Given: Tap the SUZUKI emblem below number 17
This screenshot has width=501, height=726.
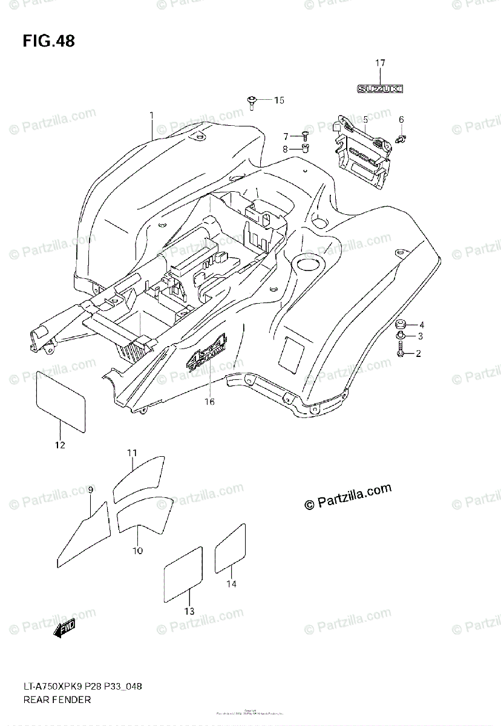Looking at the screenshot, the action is pyautogui.click(x=379, y=89).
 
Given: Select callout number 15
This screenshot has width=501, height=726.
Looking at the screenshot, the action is pyautogui.click(x=278, y=100).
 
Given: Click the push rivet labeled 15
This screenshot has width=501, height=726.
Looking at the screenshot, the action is pyautogui.click(x=251, y=101).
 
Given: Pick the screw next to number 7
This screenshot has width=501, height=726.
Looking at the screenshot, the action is pyautogui.click(x=305, y=136).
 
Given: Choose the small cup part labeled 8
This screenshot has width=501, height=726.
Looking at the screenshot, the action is pyautogui.click(x=306, y=148).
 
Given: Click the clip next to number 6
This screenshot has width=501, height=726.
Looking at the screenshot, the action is pyautogui.click(x=400, y=139).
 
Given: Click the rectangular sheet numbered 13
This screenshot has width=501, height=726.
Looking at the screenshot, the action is pyautogui.click(x=183, y=574).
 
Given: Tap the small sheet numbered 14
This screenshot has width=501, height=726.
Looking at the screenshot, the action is pyautogui.click(x=231, y=548).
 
